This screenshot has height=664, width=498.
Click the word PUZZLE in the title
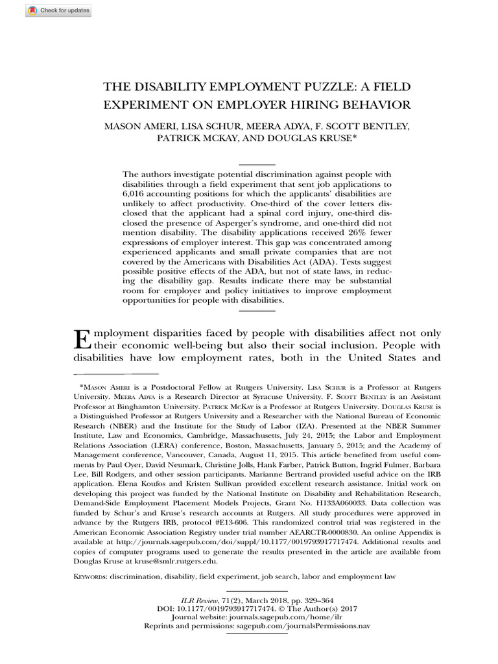(x=307, y=86)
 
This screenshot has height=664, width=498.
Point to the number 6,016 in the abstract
(x=137, y=194)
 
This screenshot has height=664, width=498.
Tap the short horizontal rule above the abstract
(x=257, y=164)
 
